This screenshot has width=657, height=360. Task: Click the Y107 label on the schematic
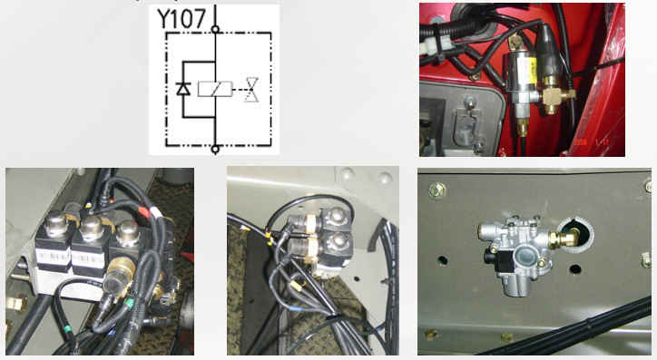(181, 18)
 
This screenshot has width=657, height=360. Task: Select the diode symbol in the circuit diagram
(183, 89)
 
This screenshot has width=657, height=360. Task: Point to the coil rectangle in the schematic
(215, 89)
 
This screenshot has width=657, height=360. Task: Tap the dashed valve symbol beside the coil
(252, 89)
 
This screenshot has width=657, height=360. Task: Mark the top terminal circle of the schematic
(215, 29)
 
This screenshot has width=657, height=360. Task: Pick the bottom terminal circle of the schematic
(215, 149)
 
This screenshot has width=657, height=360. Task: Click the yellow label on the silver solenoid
(531, 70)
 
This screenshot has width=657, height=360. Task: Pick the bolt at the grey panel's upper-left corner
(436, 190)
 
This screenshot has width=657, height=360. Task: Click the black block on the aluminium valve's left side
(495, 258)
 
